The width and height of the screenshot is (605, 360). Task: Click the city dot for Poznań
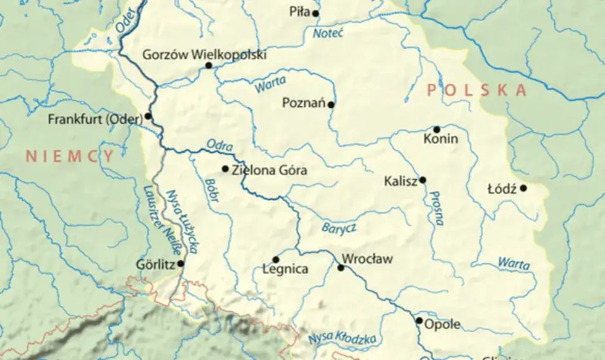point(331,104)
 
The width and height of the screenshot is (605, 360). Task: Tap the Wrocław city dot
point(341,268)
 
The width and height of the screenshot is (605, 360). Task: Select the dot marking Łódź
point(523,188)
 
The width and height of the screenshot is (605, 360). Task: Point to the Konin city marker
point(436,129)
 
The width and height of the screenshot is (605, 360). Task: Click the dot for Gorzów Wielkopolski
point(208,65)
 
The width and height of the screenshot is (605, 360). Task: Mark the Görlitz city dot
point(181,263)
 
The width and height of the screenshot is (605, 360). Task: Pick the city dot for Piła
point(315,13)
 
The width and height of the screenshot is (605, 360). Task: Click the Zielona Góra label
point(270,170)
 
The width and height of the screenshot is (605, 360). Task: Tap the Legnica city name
point(285,269)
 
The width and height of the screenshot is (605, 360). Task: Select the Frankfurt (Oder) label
point(95,119)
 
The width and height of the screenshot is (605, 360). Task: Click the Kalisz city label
point(400,181)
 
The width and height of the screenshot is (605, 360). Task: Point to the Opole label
point(442,326)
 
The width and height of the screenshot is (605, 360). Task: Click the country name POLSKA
point(476,90)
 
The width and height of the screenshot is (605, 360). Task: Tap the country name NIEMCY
point(70,157)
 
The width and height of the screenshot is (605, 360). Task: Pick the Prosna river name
point(436,208)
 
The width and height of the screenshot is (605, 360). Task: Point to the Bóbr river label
point(212,190)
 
